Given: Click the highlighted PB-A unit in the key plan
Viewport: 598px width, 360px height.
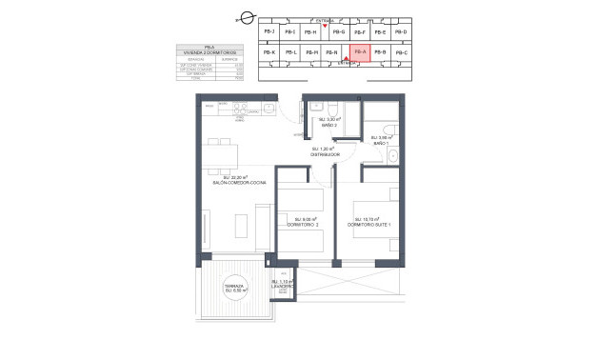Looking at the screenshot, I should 360,52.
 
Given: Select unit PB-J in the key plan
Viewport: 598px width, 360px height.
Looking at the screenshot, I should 269,32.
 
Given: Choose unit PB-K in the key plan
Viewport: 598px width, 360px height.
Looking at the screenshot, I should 269,52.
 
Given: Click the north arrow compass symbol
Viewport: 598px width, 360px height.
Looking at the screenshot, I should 246,17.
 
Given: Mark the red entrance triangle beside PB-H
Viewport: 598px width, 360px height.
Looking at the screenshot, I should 326,25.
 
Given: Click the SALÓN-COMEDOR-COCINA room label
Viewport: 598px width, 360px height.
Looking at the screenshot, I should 244,181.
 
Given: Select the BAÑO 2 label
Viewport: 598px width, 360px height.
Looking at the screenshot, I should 328,125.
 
